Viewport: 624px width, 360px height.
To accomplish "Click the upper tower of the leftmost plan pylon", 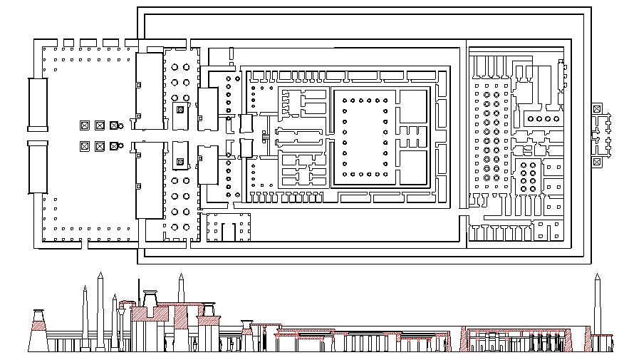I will pyautogui.click(x=38, y=104).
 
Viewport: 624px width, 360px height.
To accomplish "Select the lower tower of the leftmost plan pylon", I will pyautogui.click(x=38, y=167).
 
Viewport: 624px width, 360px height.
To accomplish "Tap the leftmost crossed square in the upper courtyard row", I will pyautogui.click(x=85, y=125).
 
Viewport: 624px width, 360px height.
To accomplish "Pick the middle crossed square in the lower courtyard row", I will pyautogui.click(x=100, y=146).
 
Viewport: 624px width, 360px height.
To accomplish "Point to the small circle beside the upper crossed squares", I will pyautogui.click(x=120, y=127).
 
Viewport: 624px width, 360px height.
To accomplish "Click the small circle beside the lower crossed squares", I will pyautogui.click(x=120, y=147).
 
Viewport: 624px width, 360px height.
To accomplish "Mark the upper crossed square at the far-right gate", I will pyautogui.click(x=596, y=109).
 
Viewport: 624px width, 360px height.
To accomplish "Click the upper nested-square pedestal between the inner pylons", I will pyautogui.click(x=180, y=110).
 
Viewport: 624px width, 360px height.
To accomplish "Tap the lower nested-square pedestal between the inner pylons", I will pyautogui.click(x=180, y=162).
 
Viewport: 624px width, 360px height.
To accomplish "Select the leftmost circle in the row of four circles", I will pyautogui.click(x=529, y=118).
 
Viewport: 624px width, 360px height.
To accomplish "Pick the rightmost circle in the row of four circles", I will pyautogui.click(x=556, y=118).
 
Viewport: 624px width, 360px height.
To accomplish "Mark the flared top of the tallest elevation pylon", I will pyautogui.click(x=150, y=293).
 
